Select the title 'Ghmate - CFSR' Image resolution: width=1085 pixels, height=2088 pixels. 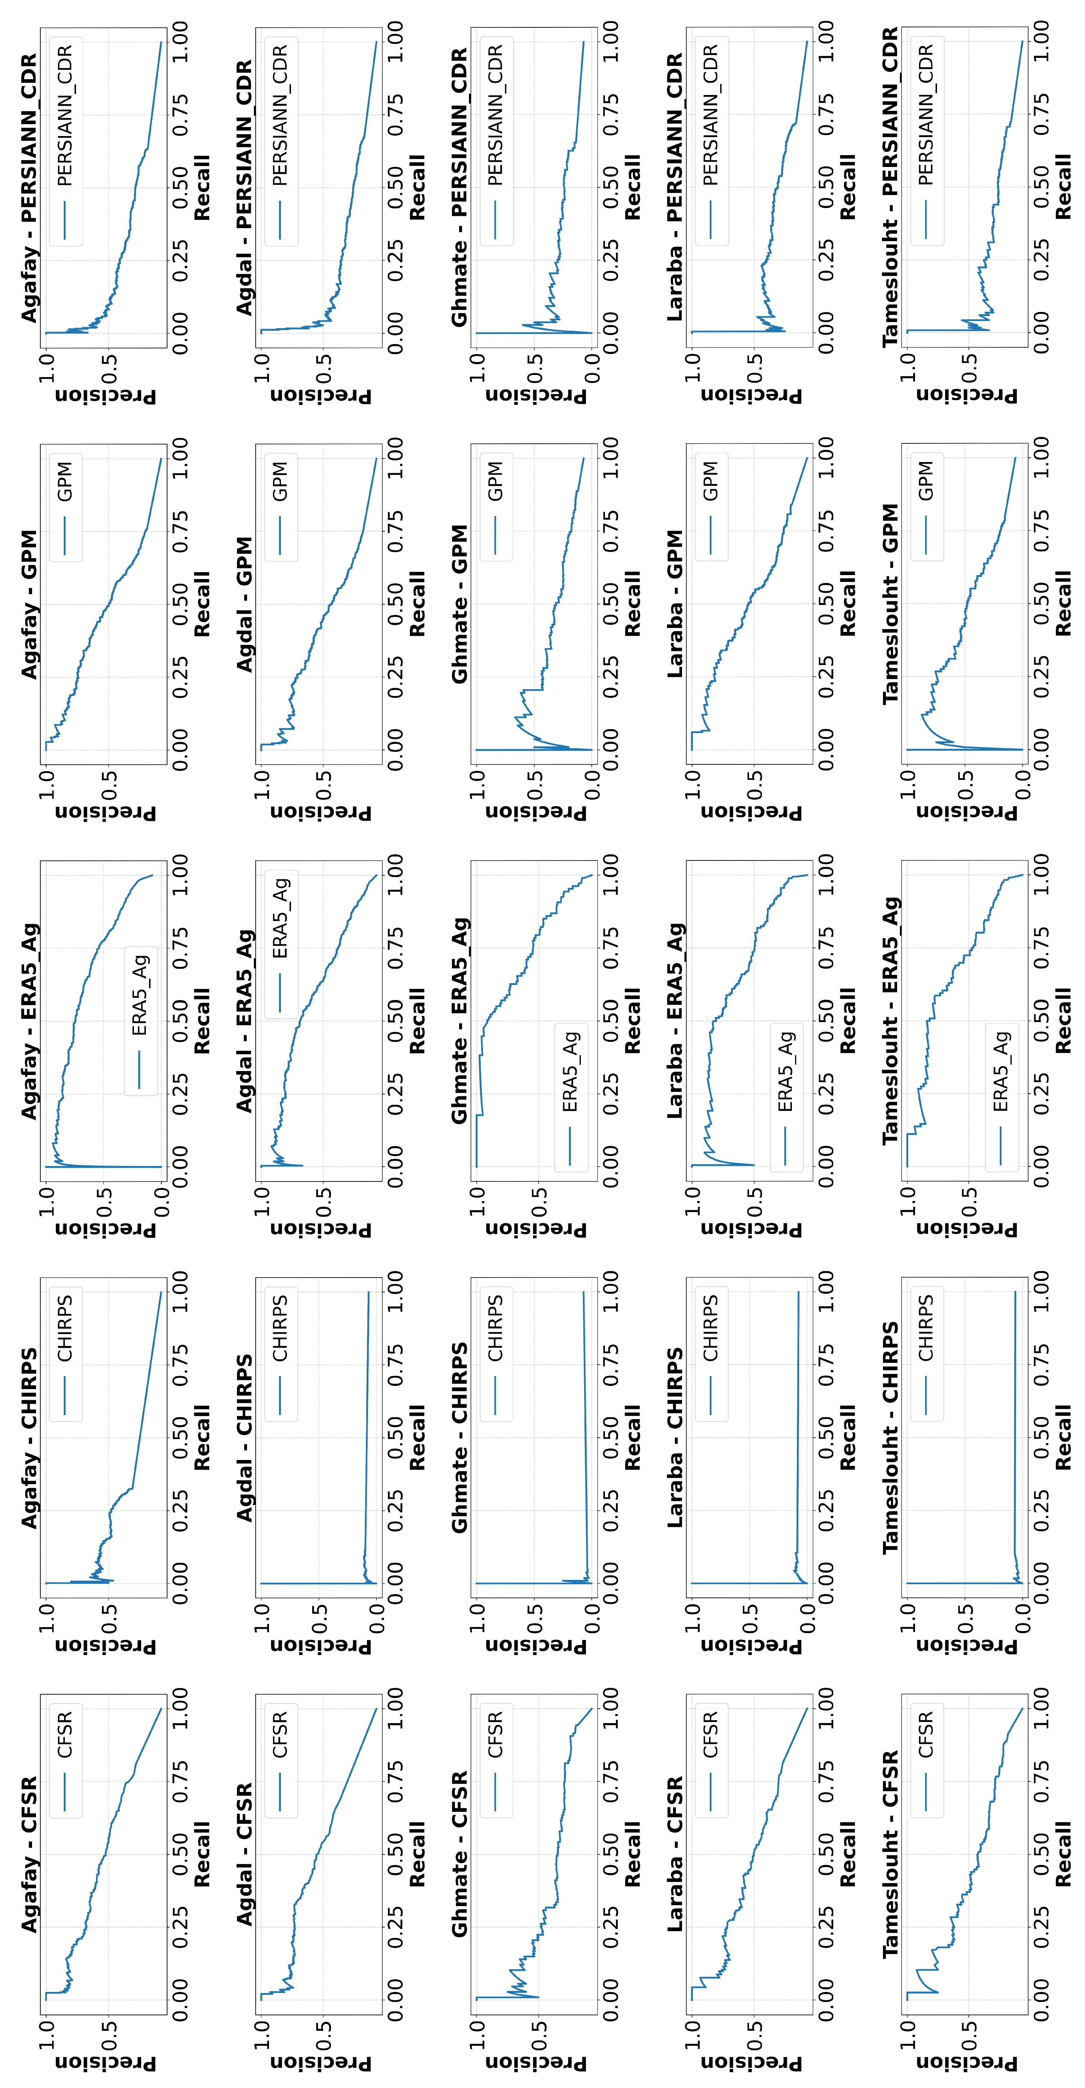[x=460, y=1853]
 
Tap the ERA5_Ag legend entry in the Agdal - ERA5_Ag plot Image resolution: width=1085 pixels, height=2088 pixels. [x=281, y=945]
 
